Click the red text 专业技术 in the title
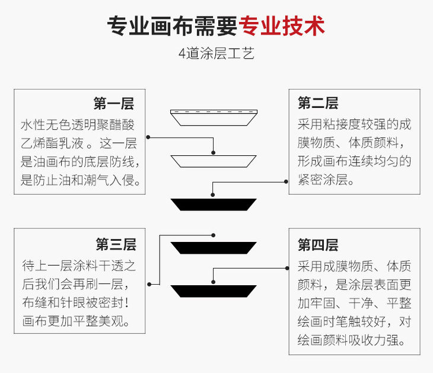click(x=281, y=25)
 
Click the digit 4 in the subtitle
click(x=182, y=54)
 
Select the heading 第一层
click(x=113, y=104)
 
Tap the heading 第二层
click(x=318, y=104)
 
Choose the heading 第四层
click(x=318, y=244)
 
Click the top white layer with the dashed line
click(x=214, y=117)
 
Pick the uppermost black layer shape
click(x=214, y=204)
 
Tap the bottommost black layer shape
click(x=214, y=291)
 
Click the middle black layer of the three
click(x=214, y=247)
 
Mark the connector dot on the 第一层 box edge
click(x=148, y=138)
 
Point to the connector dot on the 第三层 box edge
click(x=148, y=285)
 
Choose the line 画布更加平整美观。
click(x=75, y=321)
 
